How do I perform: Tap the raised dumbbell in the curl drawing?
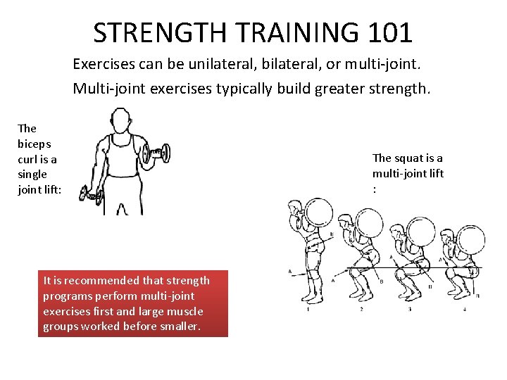[x=156, y=152]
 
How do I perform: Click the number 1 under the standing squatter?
[x=308, y=308]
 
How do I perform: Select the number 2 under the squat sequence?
[x=361, y=308]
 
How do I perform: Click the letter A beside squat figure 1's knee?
[x=290, y=272]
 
